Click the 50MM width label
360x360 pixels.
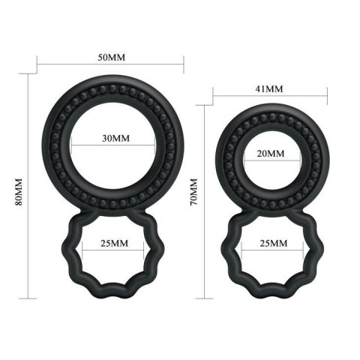112,57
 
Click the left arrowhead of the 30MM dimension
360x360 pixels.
78,139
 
